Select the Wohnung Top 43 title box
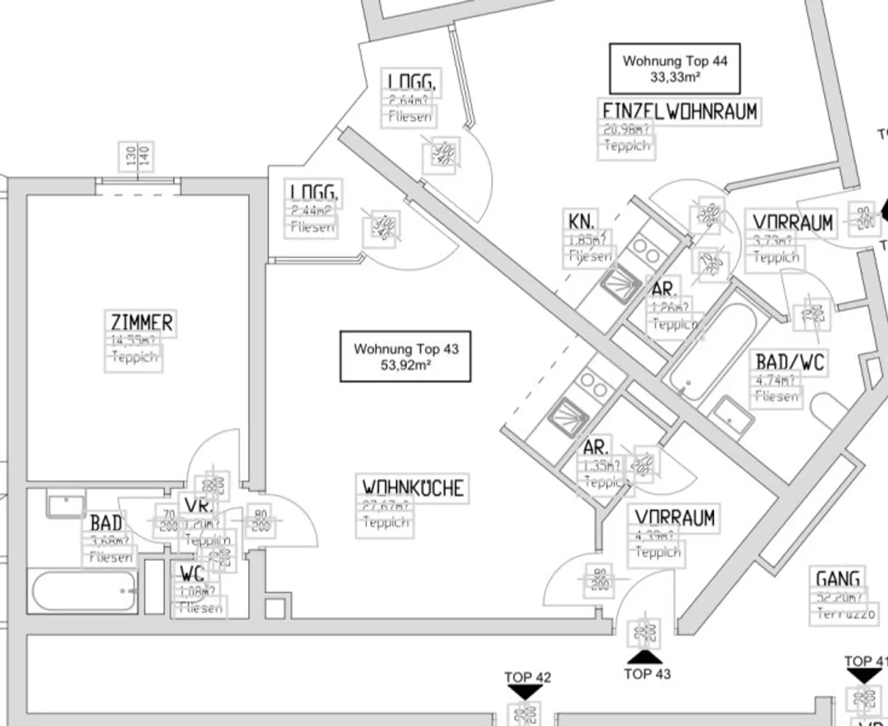point(405,357)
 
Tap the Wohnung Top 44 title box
point(675,68)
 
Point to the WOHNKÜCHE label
point(412,488)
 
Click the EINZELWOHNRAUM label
point(679,111)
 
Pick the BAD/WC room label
point(790,362)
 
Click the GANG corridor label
point(838,579)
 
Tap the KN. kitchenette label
point(581,221)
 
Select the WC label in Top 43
point(192,575)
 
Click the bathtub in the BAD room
point(84,591)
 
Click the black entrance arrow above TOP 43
point(645,657)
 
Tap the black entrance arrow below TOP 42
point(525,691)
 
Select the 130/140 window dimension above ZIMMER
point(137,157)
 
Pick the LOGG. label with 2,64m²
point(412,82)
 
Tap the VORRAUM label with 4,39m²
point(674,517)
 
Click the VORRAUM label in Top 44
point(793,223)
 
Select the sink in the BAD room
point(66,506)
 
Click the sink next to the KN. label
point(620,284)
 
